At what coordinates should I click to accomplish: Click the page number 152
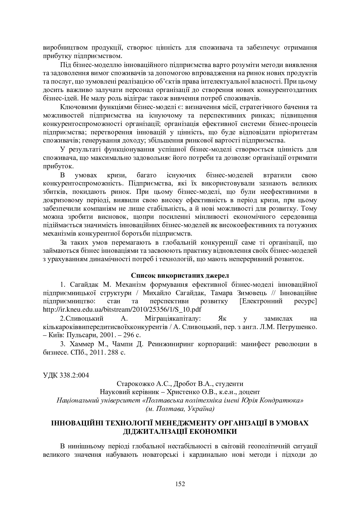click(x=180, y=484)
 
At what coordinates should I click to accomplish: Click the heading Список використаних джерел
click(x=180, y=275)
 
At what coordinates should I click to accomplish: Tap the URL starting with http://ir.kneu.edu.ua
click(x=122, y=309)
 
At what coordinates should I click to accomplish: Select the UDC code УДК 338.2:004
click(x=66, y=375)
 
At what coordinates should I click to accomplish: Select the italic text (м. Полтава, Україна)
click(x=180, y=409)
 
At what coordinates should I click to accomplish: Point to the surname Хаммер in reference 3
click(x=82, y=344)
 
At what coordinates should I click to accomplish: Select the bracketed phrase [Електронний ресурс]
click(x=278, y=301)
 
